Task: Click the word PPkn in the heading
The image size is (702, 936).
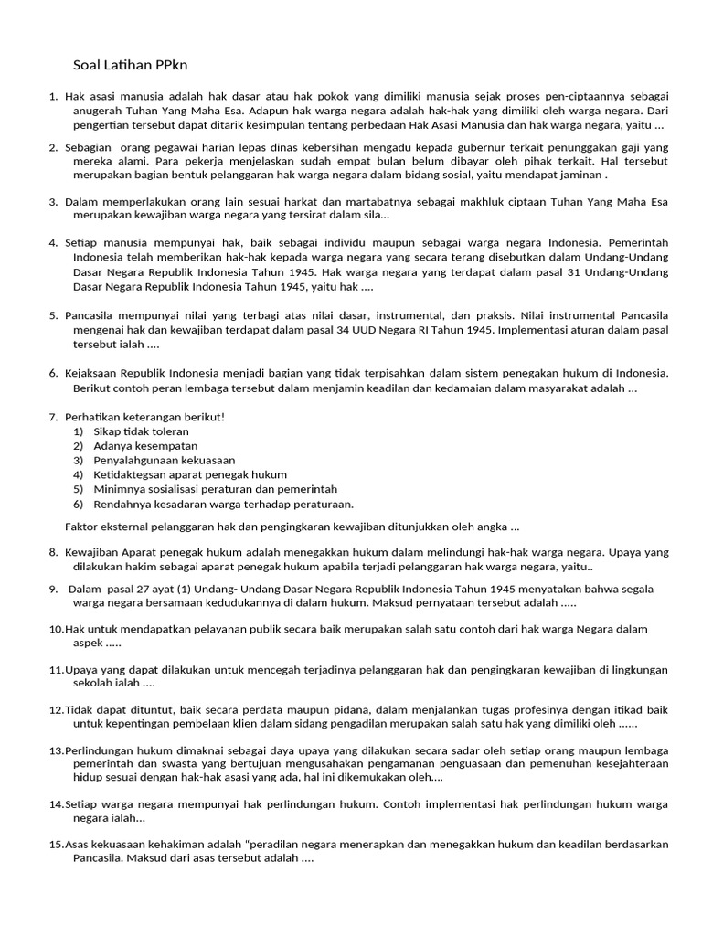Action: click(171, 65)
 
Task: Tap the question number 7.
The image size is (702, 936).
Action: click(53, 417)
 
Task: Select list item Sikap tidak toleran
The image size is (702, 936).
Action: click(141, 431)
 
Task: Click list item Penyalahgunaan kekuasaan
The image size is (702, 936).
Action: click(164, 461)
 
